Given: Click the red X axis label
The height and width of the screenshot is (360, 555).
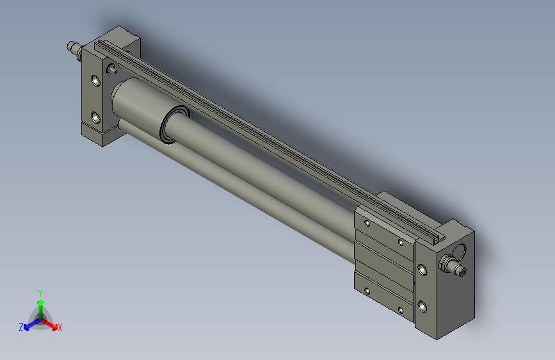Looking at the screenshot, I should (x=60, y=328).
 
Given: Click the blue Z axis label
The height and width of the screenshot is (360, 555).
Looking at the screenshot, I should (x=21, y=327).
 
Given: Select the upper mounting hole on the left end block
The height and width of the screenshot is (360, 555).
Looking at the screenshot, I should (x=95, y=81).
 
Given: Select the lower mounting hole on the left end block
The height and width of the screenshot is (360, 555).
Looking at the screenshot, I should (x=95, y=117).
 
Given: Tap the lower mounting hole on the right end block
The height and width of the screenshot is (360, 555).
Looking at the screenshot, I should (x=422, y=306).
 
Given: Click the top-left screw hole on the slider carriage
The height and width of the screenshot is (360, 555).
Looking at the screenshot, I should (x=367, y=224).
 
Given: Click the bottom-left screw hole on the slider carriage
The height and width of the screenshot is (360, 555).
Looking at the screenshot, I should (x=367, y=291).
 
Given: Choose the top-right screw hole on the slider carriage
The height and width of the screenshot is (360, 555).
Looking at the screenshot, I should (x=400, y=242).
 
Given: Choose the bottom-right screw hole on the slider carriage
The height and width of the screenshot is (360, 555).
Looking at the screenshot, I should (x=400, y=311).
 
